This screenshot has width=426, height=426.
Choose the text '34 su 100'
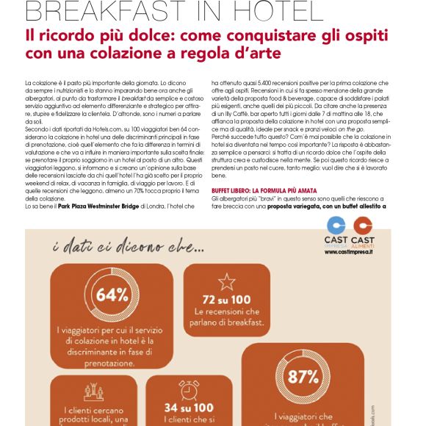click(x=189, y=407)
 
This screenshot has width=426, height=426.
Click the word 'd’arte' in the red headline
click(x=260, y=54)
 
